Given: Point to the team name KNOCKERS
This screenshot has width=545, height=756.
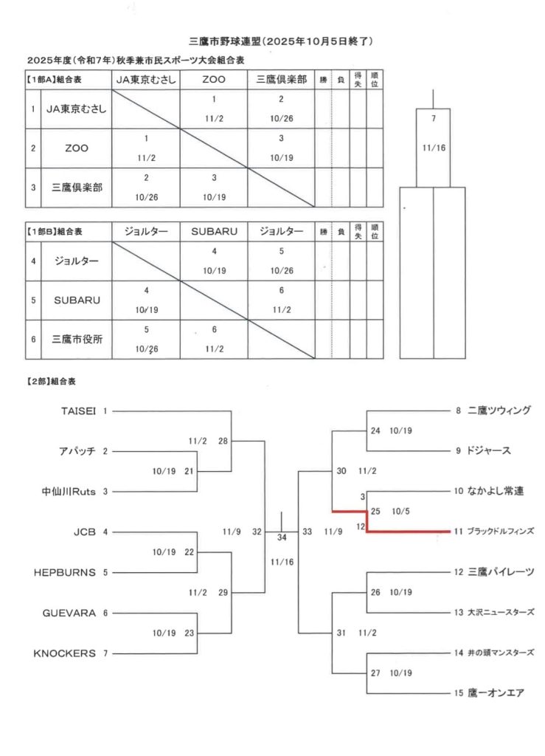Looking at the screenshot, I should pyautogui.click(x=65, y=653).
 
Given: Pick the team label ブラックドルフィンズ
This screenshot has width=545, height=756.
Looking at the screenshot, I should pyautogui.click(x=499, y=531).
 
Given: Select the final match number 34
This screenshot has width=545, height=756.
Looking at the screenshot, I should pyautogui.click(x=282, y=537).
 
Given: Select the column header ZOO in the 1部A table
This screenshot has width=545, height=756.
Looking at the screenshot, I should pyautogui.click(x=214, y=79).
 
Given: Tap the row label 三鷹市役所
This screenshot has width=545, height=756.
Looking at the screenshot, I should pyautogui.click(x=77, y=340).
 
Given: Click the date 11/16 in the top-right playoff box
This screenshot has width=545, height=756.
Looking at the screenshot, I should pyautogui.click(x=434, y=148).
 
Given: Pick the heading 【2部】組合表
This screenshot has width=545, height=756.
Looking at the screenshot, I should pyautogui.click(x=52, y=383).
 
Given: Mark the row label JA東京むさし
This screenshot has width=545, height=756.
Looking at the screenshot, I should pyautogui.click(x=77, y=109).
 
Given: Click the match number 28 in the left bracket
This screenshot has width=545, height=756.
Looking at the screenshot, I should pyautogui.click(x=223, y=441).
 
